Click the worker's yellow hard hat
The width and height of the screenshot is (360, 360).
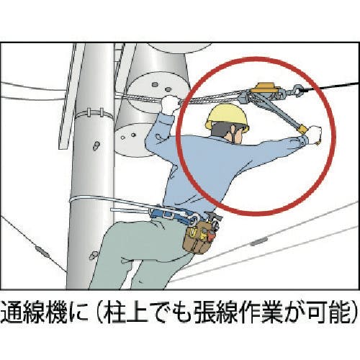227,117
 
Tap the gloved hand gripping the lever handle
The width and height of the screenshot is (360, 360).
313,135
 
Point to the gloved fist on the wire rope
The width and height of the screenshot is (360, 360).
170,104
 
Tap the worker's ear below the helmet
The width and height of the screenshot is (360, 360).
234,130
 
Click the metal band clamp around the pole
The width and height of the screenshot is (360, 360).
94,114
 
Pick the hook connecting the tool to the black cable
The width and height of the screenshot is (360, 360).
297,90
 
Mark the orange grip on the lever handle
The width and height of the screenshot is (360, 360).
302,129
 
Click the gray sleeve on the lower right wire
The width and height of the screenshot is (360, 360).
259,241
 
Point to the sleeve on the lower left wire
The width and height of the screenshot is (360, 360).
42,251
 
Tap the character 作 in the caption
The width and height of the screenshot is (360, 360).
239,311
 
